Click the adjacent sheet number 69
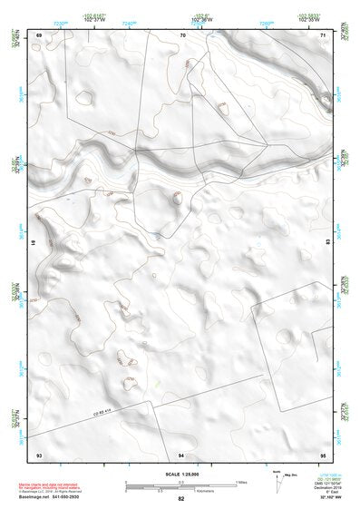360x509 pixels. (39, 34)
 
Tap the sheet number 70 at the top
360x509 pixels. (183, 34)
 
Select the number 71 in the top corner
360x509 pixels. (323, 34)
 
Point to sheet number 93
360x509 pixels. (39, 454)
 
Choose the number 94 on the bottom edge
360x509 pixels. (181, 454)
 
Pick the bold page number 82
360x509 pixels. (181, 499)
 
